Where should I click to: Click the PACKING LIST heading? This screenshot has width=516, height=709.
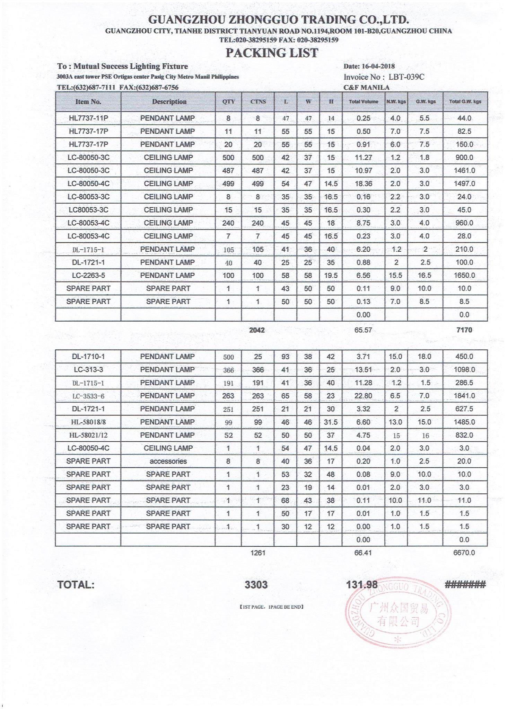coord(272,53)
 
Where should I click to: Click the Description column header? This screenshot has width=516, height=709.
coord(169,102)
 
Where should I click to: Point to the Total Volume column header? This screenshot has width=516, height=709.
coord(364,102)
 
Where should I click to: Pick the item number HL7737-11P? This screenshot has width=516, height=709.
coord(88,118)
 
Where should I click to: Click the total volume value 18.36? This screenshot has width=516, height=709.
coord(363,184)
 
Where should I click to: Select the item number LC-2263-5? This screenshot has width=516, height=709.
coord(88,276)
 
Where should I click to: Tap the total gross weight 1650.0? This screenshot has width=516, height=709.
coord(464,276)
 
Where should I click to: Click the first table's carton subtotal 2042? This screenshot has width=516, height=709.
coord(257,330)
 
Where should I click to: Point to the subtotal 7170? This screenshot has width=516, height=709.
coord(464,330)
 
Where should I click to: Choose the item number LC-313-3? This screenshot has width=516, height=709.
coord(88,370)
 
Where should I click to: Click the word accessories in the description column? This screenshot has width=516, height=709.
coord(168,461)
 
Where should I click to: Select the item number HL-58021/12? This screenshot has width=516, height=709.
coord(88,435)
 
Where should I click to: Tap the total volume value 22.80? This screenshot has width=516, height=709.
coord(363,396)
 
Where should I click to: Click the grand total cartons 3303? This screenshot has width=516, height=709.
coord(256,585)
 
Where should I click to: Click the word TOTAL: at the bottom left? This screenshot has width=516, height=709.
coord(76,585)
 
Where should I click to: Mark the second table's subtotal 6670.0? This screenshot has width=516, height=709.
coord(464,553)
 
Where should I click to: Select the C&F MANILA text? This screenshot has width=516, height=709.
coord(367,88)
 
